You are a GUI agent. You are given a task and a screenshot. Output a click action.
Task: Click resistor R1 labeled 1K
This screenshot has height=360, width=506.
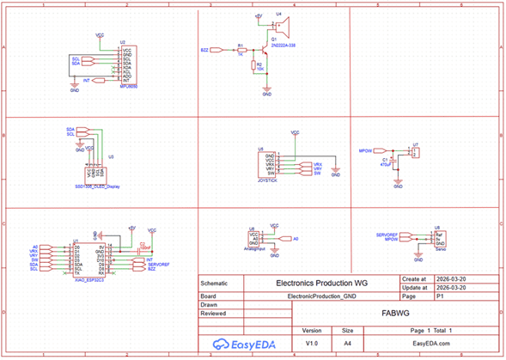click(241, 50)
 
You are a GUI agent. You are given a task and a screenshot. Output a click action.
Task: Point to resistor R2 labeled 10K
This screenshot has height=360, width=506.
click(254, 64)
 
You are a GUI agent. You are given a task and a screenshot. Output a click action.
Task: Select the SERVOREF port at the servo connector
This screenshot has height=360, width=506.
click(388, 233)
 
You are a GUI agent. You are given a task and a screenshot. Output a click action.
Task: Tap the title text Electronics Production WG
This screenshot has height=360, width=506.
click(321, 281)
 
